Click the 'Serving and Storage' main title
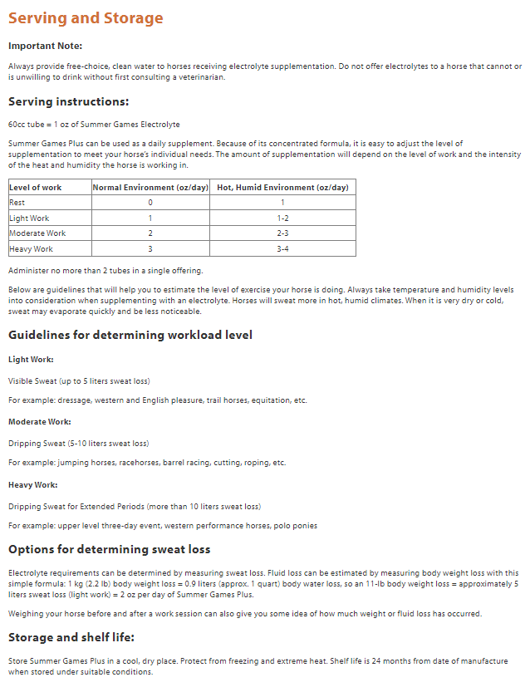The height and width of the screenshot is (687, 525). click(86, 18)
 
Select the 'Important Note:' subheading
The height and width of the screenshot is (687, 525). click(45, 46)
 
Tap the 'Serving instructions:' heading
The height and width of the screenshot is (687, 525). click(68, 102)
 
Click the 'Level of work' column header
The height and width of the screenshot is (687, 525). click(35, 188)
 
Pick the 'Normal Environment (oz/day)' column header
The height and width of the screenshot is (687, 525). click(150, 188)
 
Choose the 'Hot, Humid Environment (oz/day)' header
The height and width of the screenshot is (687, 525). click(282, 188)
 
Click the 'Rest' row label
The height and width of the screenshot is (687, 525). click(17, 203)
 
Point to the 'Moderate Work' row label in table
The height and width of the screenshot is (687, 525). click(37, 233)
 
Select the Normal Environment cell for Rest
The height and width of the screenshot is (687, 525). click(150, 203)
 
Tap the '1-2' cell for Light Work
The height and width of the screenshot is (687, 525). click(282, 218)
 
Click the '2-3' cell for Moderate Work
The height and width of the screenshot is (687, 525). click(282, 233)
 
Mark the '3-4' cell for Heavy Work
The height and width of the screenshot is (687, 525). click(282, 248)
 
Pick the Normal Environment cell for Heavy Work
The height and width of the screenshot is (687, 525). click(150, 248)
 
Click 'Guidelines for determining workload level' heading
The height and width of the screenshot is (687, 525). click(130, 335)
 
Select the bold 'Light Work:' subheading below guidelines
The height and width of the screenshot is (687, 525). click(31, 360)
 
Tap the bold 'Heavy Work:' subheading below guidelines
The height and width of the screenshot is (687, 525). click(32, 484)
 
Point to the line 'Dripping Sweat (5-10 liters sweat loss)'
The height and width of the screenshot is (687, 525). click(78, 443)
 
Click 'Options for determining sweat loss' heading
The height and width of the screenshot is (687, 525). click(109, 549)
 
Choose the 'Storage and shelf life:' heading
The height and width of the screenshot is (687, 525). click(71, 638)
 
